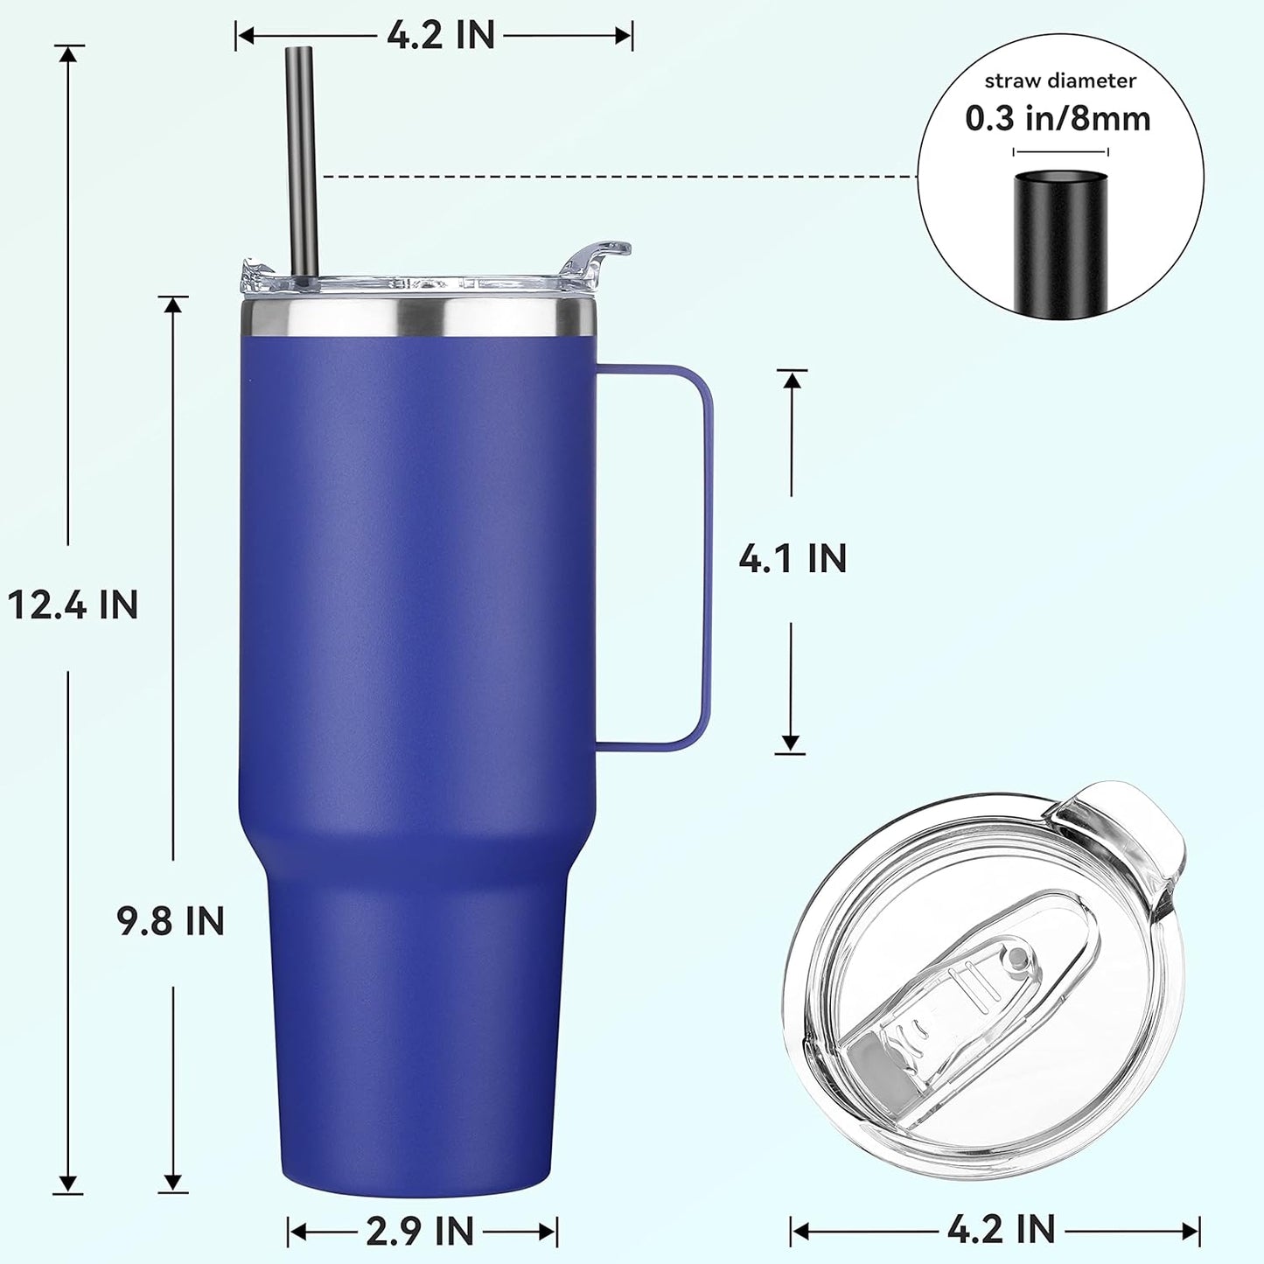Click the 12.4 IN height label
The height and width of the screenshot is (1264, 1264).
[x=73, y=604]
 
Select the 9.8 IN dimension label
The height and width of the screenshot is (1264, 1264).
[x=171, y=921]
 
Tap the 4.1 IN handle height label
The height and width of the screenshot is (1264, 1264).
[x=793, y=559]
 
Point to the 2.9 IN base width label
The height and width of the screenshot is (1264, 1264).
[x=420, y=1231]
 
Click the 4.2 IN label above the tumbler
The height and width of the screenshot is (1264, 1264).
[x=441, y=35]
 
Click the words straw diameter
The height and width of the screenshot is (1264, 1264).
[x=1060, y=80]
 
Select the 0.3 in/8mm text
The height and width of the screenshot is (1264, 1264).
[x=1058, y=118]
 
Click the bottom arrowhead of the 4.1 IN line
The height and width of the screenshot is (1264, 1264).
[x=791, y=744]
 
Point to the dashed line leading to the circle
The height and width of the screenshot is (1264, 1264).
[x=612, y=177]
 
